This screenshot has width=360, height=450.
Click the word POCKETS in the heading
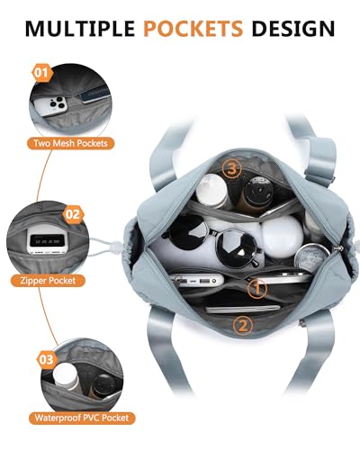(x=193, y=28)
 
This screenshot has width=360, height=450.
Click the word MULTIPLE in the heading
(x=80, y=28)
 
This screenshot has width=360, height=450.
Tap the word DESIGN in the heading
(x=293, y=28)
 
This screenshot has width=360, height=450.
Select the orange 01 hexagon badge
(x=42, y=73)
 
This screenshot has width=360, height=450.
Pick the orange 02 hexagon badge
(x=73, y=214)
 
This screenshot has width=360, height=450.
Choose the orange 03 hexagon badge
(x=47, y=360)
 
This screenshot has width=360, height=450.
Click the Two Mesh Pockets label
(x=70, y=143)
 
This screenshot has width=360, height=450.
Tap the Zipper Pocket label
(x=48, y=281)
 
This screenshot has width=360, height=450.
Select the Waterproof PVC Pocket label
(x=82, y=418)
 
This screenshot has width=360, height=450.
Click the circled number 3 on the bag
(x=231, y=169)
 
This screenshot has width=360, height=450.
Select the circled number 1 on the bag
(x=257, y=289)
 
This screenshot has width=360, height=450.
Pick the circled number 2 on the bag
(x=243, y=325)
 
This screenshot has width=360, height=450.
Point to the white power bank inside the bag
(x=196, y=281)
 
